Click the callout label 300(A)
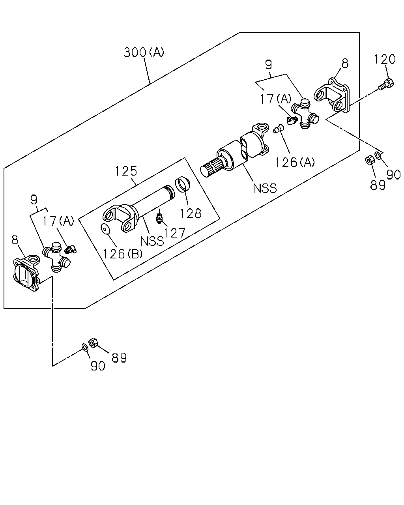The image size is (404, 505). point(144,52)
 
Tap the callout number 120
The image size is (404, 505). point(385,59)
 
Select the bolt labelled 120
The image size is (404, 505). point(386,85)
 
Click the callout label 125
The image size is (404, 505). point(126,171)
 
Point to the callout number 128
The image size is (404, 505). point(191,213)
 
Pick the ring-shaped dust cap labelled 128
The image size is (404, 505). point(183,184)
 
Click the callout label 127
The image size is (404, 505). point(174,233)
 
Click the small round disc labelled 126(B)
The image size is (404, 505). point(106,229)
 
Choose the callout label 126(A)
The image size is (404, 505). point(294,162)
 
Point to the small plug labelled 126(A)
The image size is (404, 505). point(279,129)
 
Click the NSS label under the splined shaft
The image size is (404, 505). point(265,188)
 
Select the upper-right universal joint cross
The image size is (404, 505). point(305,114)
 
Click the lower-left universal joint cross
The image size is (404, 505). point(56,257)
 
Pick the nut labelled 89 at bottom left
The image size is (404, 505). point(93,343)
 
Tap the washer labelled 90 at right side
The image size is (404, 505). point(378,155)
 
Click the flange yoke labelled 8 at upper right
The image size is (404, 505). point(332,95)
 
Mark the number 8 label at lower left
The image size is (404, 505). point(15,240)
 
